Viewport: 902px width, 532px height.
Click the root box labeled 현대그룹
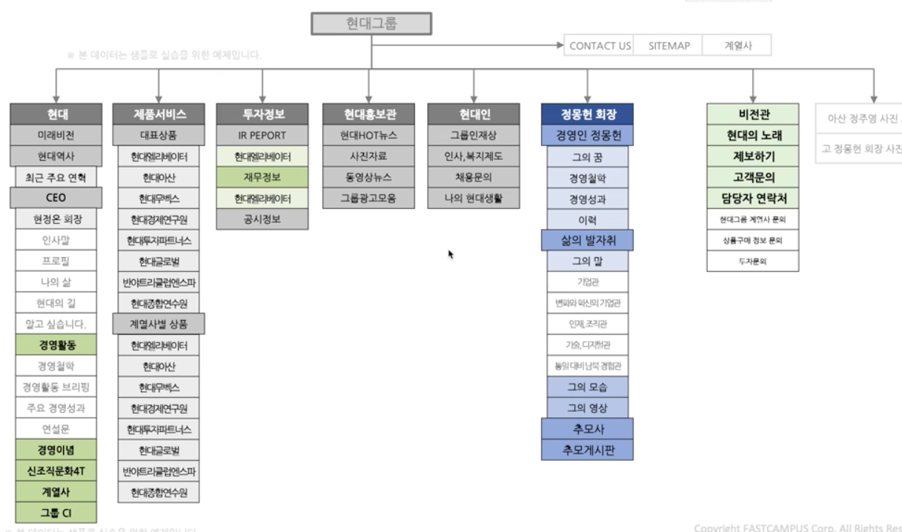tap(371, 24)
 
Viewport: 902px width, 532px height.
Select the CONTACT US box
tap(600, 46)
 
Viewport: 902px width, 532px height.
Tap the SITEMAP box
tap(669, 46)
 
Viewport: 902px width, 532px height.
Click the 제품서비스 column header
tap(159, 114)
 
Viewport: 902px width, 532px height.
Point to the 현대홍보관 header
tap(369, 114)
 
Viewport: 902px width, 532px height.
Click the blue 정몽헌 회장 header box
tap(587, 114)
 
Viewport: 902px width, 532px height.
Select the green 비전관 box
tap(752, 114)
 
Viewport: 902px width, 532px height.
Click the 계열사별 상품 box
tap(159, 324)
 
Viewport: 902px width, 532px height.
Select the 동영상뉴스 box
tap(369, 177)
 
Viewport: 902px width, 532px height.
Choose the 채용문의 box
tap(474, 177)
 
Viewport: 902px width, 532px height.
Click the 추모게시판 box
tap(587, 450)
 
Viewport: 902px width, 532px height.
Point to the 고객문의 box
tap(752, 177)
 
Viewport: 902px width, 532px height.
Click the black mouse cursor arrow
tap(451, 254)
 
